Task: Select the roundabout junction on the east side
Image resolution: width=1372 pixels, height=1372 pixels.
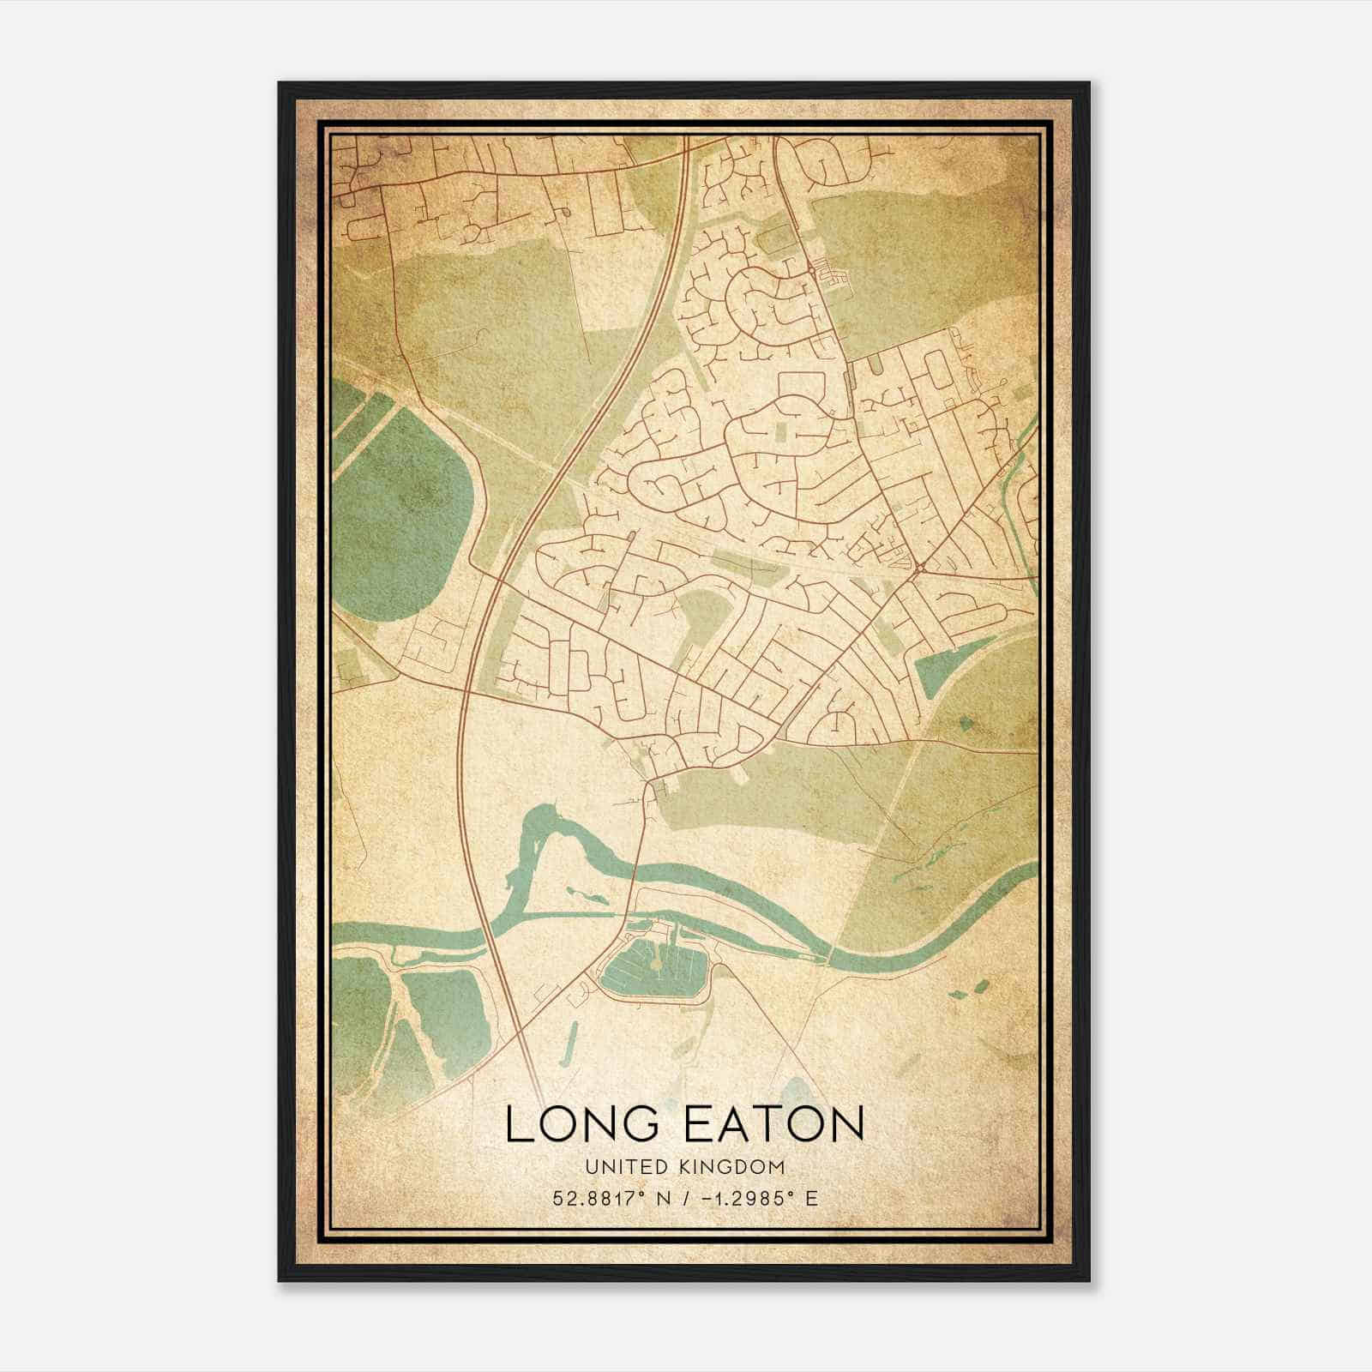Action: point(918,569)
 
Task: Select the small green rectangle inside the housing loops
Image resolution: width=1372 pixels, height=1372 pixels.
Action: point(783,429)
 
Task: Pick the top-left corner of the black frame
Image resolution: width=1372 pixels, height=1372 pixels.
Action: point(280,84)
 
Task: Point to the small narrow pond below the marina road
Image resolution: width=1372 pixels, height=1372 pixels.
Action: point(569,1050)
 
